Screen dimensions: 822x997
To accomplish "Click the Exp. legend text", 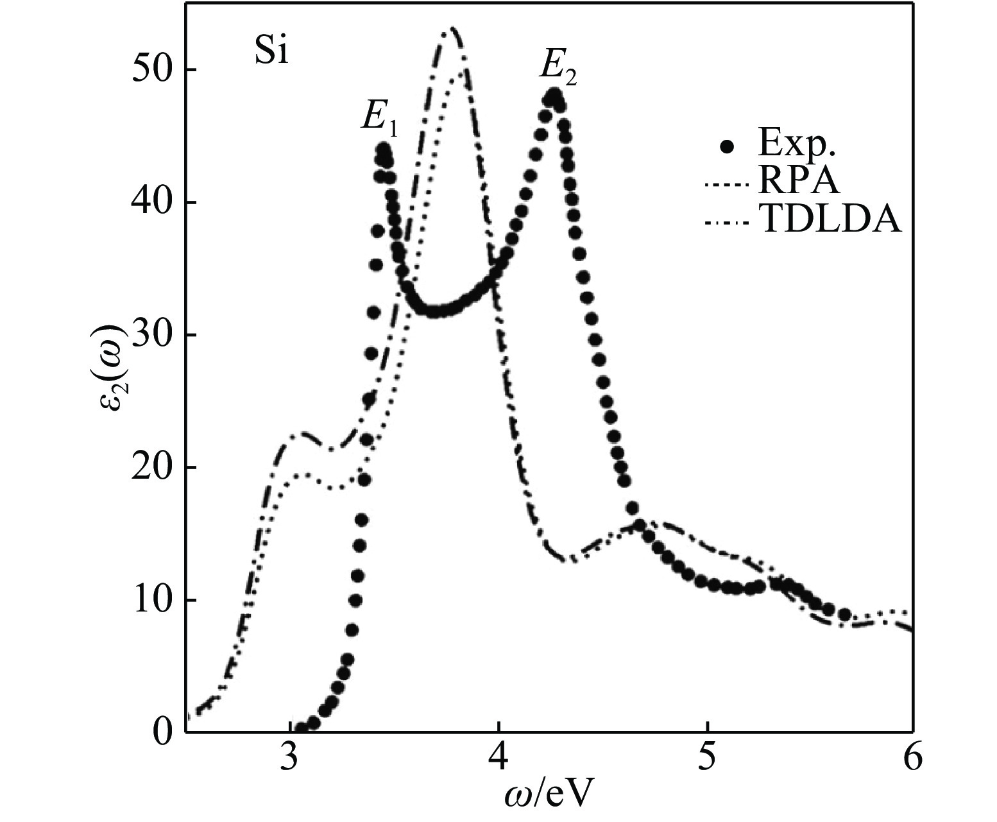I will [x=797, y=146].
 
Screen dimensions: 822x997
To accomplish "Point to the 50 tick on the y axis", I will [x=154, y=70].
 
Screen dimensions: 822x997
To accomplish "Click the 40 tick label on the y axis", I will [x=154, y=202].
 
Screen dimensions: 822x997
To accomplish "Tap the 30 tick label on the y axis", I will [x=154, y=335].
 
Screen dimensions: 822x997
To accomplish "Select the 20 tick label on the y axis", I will [x=154, y=467].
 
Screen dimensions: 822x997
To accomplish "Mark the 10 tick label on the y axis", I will [x=154, y=600].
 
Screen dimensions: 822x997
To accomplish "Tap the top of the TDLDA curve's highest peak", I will [x=452, y=27].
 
